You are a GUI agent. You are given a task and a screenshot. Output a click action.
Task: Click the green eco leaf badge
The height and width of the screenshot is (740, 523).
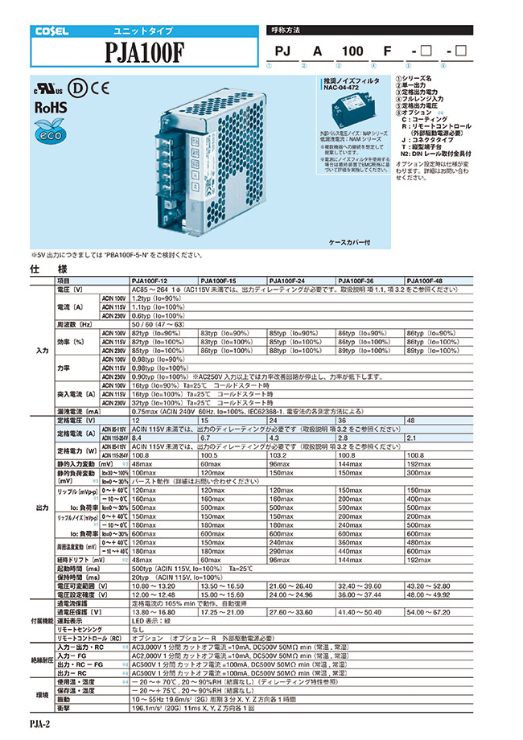tap(47, 133)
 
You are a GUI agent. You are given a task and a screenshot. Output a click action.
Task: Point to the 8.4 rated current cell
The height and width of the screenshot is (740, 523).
tap(137, 438)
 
